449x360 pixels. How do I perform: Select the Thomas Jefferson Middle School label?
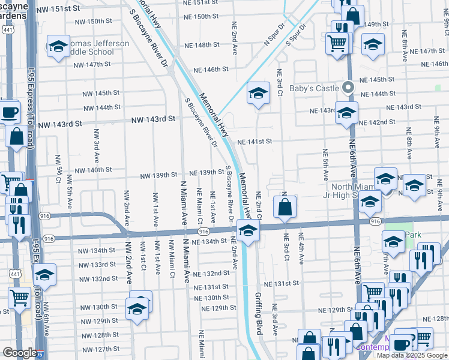pos(90,47)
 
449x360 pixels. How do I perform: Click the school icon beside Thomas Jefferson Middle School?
pos(58,46)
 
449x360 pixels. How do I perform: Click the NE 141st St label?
pos(255,142)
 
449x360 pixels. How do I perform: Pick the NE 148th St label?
pos(202,45)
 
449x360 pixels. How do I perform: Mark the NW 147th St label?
pos(90,64)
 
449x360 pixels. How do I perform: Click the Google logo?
pos(20,353)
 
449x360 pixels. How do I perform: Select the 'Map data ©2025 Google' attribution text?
pos(412,355)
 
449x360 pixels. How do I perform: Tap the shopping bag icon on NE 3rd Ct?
pos(285,207)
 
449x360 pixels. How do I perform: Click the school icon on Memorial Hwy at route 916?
pos(247,229)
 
